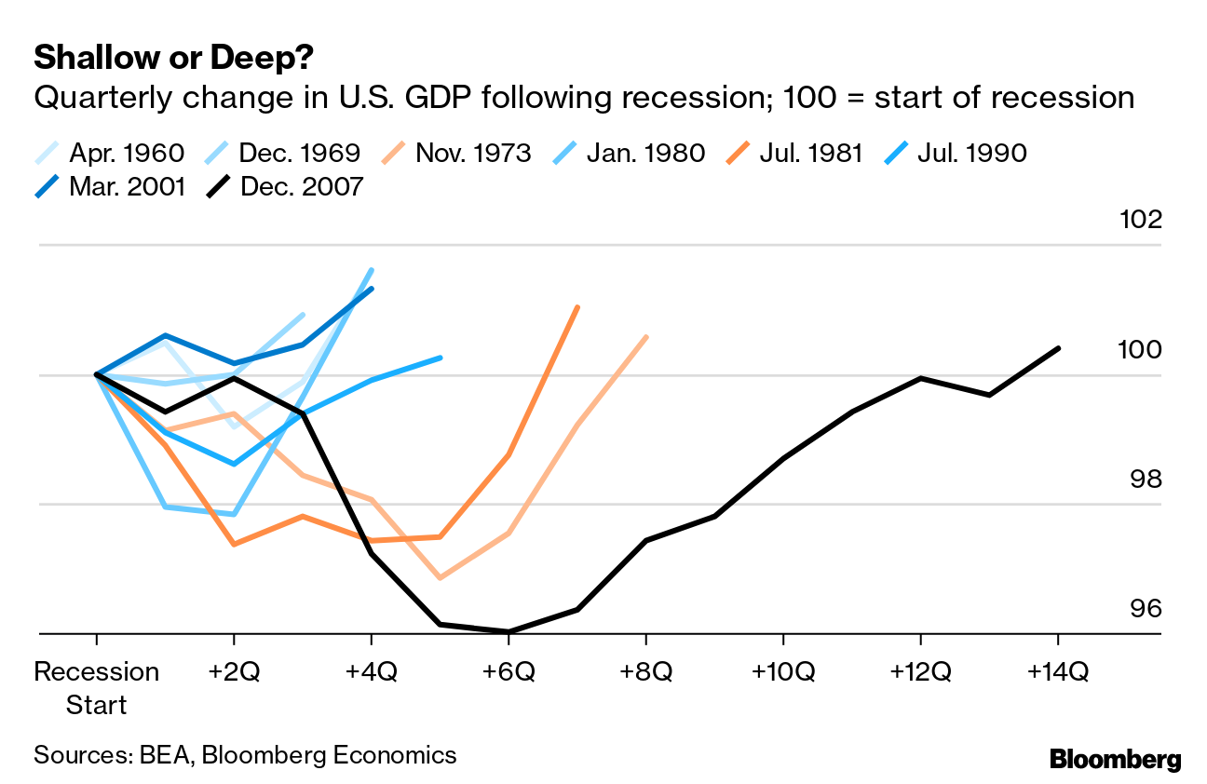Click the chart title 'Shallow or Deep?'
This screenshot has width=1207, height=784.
point(172,59)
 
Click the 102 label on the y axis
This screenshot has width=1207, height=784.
point(1143,221)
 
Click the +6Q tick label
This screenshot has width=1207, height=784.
point(509,671)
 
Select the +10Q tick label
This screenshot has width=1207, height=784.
point(783,671)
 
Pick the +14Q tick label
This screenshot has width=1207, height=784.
point(1058,671)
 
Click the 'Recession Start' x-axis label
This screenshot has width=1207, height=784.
point(97,687)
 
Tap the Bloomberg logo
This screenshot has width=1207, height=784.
point(1115,760)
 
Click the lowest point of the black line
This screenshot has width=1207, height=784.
point(509,631)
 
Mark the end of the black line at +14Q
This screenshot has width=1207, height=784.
point(1059,348)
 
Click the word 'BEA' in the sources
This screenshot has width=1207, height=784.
point(163,754)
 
